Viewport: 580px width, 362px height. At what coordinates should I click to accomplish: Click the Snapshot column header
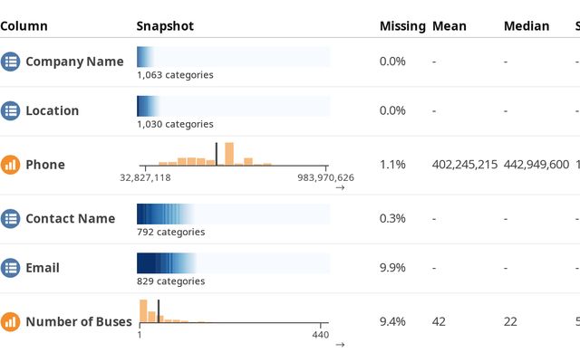(x=165, y=26)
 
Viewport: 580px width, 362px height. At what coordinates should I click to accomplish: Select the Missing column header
(x=402, y=26)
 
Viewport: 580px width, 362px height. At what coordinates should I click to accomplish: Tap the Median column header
(x=527, y=26)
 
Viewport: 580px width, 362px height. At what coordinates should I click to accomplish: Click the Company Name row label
(x=74, y=62)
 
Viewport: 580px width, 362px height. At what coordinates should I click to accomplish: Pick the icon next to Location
(x=11, y=110)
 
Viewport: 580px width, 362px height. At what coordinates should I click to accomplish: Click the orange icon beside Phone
(x=11, y=165)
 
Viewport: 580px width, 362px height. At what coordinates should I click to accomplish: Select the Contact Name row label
(x=70, y=218)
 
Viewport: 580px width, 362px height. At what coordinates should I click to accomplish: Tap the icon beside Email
(x=11, y=268)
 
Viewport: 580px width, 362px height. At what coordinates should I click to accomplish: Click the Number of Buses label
(x=79, y=321)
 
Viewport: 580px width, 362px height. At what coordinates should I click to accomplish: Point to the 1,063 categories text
(x=175, y=75)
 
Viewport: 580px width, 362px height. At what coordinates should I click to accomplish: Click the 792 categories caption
(x=170, y=232)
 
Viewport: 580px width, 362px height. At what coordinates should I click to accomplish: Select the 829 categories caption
(x=170, y=281)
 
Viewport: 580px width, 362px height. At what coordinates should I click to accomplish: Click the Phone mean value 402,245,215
(x=465, y=165)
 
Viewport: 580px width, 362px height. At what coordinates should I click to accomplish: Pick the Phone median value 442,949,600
(x=536, y=165)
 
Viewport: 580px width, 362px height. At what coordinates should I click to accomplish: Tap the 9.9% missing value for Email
(x=392, y=268)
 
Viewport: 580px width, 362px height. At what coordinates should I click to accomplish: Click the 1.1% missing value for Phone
(x=392, y=165)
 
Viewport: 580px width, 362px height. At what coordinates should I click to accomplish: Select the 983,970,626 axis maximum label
(x=326, y=177)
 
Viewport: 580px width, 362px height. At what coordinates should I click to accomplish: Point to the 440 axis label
(x=321, y=335)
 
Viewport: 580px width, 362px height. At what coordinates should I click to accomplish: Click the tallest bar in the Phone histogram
(x=229, y=154)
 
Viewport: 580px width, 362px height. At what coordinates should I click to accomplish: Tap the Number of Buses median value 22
(x=511, y=321)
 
